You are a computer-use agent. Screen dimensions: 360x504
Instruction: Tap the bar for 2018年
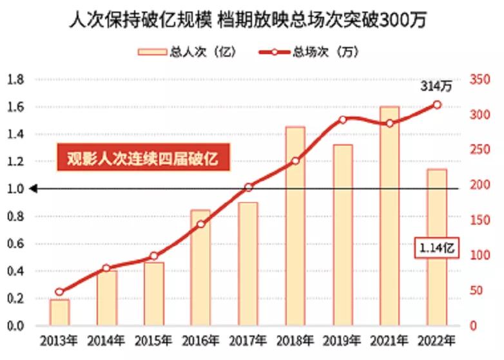point(295,225)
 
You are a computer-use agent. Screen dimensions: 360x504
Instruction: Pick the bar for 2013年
point(59,312)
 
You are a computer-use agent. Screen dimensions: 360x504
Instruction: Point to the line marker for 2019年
point(343,120)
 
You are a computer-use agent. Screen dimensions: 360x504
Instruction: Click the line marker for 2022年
point(437,104)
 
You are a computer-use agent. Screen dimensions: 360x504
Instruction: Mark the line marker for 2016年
point(200,224)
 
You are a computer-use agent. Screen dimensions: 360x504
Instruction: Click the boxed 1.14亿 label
point(436,247)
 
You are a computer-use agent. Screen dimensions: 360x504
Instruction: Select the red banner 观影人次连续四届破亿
point(142,159)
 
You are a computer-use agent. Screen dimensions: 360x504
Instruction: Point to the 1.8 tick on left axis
point(15,79)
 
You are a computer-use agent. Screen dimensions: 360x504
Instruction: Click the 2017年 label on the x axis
point(247,341)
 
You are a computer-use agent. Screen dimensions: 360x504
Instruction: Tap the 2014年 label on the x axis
point(106,341)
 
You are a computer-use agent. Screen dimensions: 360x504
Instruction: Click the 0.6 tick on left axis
point(15,243)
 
